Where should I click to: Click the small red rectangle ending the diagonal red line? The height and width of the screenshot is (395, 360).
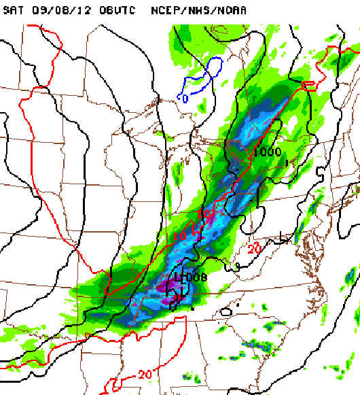point(309,85)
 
